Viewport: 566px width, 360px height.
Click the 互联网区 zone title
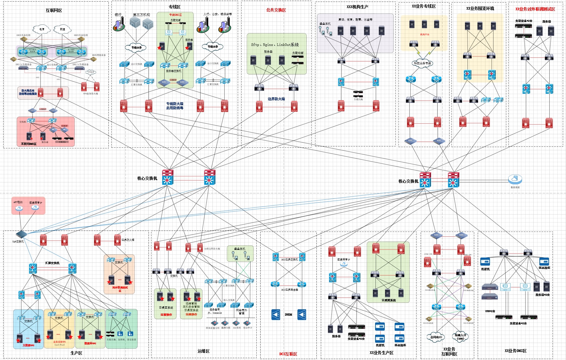click(54, 11)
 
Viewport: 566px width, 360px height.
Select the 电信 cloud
click(42, 29)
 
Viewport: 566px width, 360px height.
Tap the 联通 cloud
click(62, 29)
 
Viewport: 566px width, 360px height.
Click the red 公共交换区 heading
click(276, 10)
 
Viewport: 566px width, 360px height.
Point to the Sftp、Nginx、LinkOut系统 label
click(275, 45)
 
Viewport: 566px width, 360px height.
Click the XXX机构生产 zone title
click(357, 7)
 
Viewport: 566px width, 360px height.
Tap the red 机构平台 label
click(424, 34)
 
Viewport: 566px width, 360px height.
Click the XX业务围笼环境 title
click(480, 8)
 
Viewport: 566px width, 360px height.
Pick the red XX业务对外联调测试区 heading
click(535, 9)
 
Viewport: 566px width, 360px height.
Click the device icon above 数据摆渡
click(515, 179)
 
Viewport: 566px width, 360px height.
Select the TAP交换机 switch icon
click(21, 234)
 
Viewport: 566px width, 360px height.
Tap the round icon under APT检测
click(19, 208)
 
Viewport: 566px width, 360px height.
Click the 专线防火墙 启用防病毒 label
click(175, 106)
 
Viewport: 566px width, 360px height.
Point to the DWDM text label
click(288, 314)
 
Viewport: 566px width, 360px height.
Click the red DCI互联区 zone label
click(288, 354)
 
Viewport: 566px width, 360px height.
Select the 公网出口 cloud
click(436, 337)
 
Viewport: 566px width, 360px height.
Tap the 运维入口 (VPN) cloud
click(460, 337)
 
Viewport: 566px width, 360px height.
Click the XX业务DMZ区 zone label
click(515, 351)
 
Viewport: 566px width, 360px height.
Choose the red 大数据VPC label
click(28, 345)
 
